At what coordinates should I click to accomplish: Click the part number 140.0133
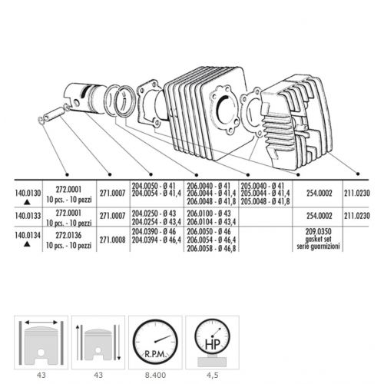coord(28,216)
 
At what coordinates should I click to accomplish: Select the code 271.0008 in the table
coord(113,240)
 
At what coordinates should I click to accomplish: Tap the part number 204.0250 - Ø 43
coord(154,214)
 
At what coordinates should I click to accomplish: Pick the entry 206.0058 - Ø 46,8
coord(211,248)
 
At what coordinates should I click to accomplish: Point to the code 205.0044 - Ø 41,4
coord(265,194)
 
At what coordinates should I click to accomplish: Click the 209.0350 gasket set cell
coord(318,239)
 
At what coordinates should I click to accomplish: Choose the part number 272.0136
coord(68,236)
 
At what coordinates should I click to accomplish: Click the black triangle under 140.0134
coord(27,244)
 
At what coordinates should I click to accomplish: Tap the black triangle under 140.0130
coord(27,203)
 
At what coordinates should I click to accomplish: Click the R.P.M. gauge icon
coord(155,342)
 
